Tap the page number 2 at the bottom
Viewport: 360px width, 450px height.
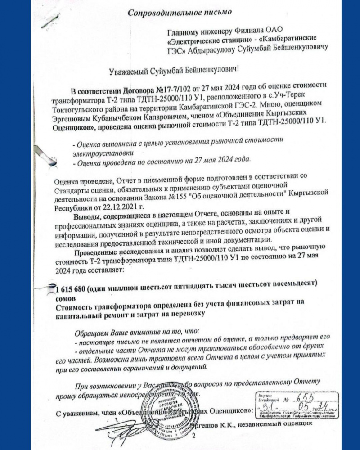194,436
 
